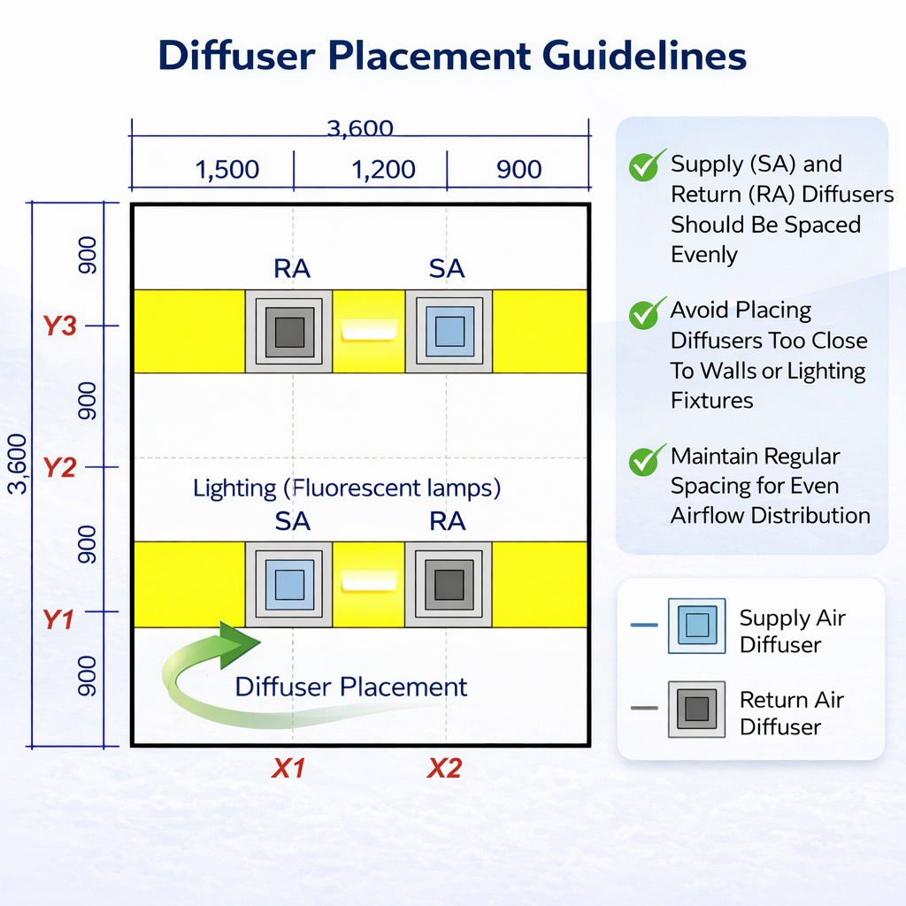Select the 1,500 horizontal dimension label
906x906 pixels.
[x=227, y=169]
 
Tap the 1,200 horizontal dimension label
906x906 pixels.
[x=384, y=169]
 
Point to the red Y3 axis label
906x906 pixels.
[x=60, y=326]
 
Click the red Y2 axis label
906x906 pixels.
[x=59, y=467]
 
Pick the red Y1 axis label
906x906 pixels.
[x=58, y=619]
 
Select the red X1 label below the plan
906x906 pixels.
[x=288, y=769]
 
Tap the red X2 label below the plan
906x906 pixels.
[x=444, y=769]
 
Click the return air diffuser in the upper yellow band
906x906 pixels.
[x=289, y=332]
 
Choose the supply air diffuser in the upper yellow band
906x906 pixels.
[x=449, y=332]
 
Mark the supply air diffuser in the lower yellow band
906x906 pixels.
[x=289, y=584]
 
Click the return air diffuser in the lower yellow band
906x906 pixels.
[x=449, y=584]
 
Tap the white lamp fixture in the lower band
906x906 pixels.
[x=369, y=580]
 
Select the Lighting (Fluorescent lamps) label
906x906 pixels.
[x=347, y=488]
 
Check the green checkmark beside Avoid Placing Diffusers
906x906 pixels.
[x=647, y=312]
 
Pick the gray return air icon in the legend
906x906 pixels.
[x=696, y=710]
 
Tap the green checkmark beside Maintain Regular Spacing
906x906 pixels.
[x=647, y=459]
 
